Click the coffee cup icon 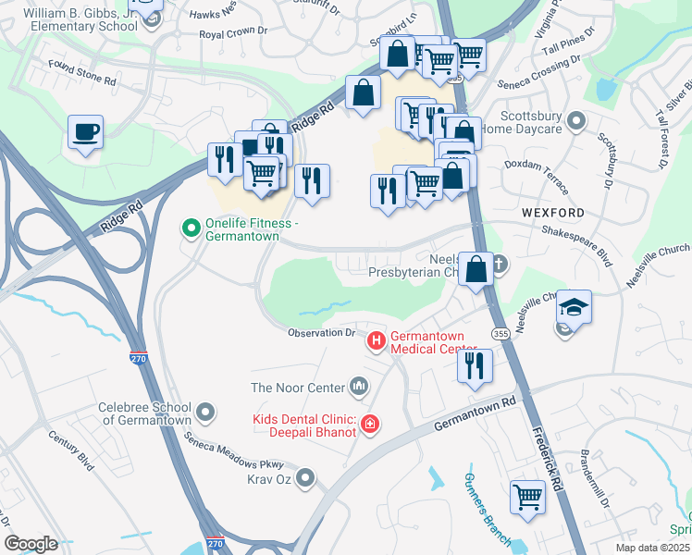tap(85, 132)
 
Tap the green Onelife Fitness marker tap(192, 227)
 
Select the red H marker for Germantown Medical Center tap(377, 341)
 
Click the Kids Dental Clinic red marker tap(370, 424)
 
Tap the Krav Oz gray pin tap(306, 478)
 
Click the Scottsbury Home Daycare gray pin tap(576, 121)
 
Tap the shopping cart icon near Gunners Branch tap(527, 496)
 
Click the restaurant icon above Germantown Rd tap(475, 365)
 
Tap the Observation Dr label tap(321, 333)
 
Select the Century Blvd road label tap(72, 450)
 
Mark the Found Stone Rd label tap(82, 74)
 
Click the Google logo tap(31, 543)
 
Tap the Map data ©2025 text tap(653, 549)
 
